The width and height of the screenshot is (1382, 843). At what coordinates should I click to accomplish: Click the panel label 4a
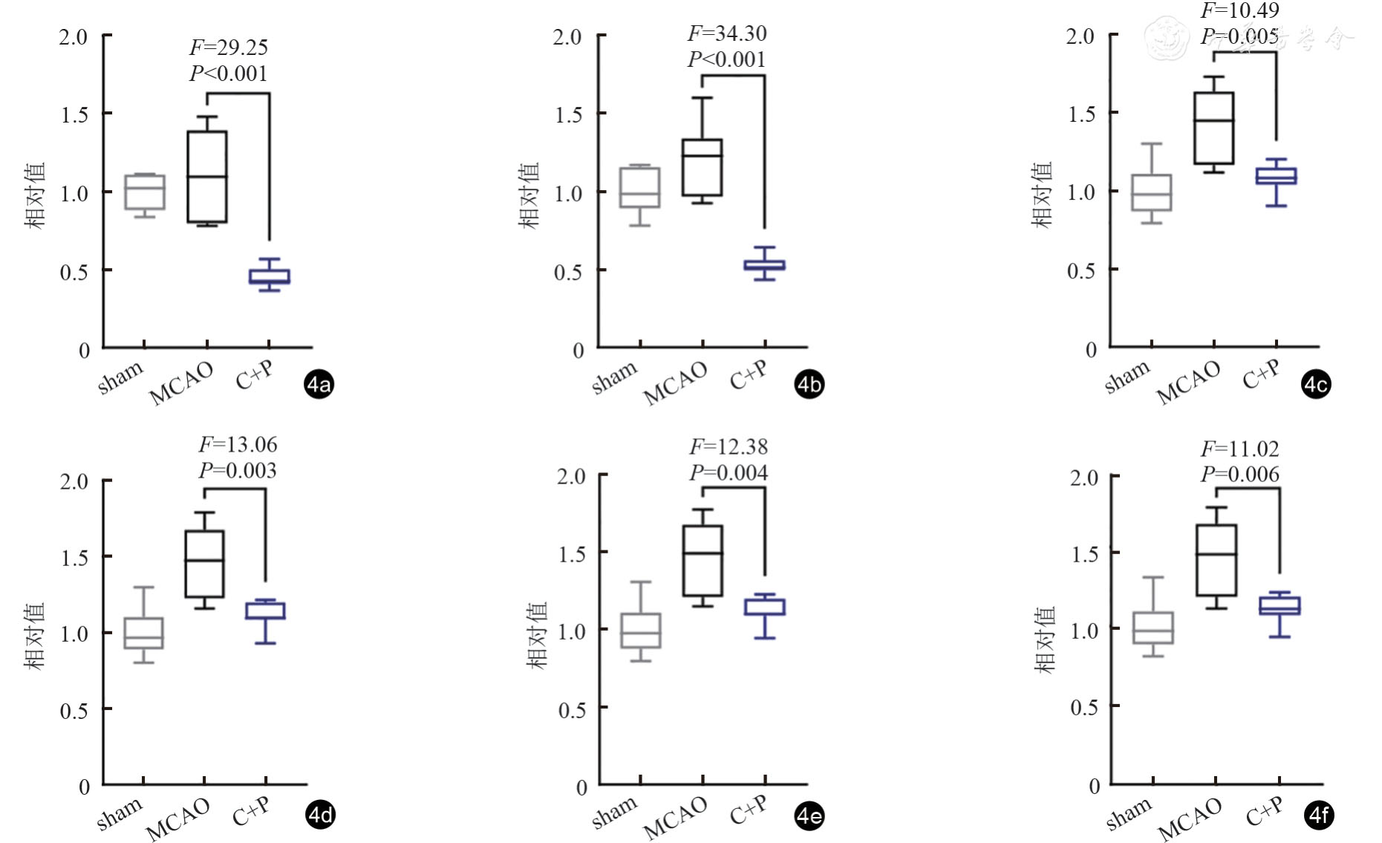(x=319, y=384)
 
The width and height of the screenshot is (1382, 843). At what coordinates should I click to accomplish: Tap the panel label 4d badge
(x=320, y=815)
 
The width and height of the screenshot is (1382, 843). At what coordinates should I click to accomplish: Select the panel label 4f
(x=1318, y=816)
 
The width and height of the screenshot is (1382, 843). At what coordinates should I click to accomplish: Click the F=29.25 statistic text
(x=228, y=48)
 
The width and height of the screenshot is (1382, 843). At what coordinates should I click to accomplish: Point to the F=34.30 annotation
(x=726, y=33)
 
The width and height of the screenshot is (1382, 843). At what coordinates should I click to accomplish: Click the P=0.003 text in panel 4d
(x=237, y=470)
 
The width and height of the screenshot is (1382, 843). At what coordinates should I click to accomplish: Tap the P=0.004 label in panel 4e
(x=729, y=472)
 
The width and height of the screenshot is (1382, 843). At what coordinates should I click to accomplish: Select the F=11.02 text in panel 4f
(x=1239, y=449)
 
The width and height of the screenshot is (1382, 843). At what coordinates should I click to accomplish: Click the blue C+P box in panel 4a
(x=269, y=276)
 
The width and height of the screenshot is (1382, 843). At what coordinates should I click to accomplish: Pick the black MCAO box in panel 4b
(x=702, y=168)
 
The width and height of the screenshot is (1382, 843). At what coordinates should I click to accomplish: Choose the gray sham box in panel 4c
(x=1151, y=192)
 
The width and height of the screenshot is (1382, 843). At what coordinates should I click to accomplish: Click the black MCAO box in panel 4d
(x=204, y=564)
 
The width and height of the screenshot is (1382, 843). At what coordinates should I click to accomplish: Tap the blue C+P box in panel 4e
(x=765, y=607)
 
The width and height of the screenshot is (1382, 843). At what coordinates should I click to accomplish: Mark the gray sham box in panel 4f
(x=1153, y=628)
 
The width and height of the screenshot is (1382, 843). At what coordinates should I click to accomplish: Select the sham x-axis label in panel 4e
(x=615, y=813)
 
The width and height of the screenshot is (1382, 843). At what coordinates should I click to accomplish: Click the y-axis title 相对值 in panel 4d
(x=35, y=636)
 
